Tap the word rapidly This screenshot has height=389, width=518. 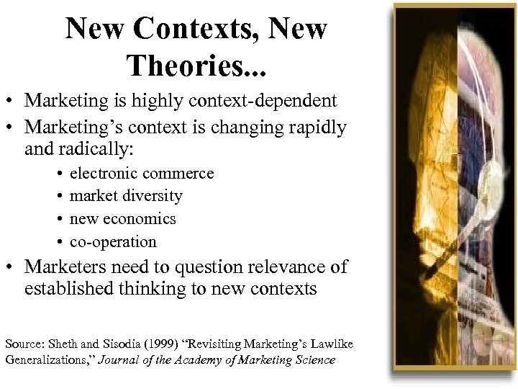(314, 128)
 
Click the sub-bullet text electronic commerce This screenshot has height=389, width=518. (142, 174)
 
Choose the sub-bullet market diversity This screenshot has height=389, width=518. (126, 196)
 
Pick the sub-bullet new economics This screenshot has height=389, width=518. (122, 219)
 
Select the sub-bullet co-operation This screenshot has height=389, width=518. (113, 242)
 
